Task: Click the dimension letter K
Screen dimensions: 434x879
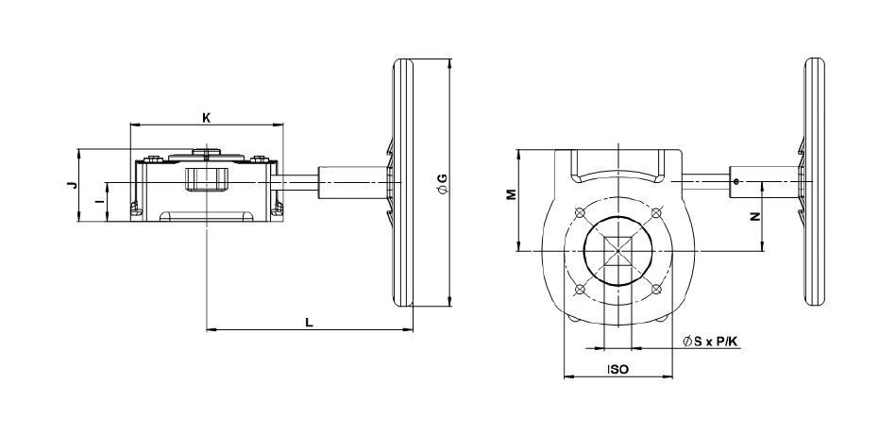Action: tap(206, 118)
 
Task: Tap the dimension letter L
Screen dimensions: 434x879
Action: tap(309, 322)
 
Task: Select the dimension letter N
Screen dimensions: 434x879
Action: tap(752, 216)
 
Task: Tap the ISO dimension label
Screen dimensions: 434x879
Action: tap(618, 371)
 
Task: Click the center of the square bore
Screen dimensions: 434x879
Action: tap(617, 251)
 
